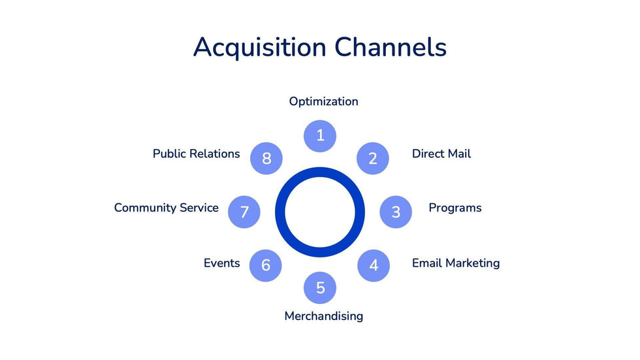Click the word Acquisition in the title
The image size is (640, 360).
pyautogui.click(x=259, y=48)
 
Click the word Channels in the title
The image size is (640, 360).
pyautogui.click(x=391, y=48)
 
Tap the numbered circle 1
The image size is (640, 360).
pyautogui.click(x=320, y=136)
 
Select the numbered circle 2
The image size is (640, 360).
pyautogui.click(x=373, y=158)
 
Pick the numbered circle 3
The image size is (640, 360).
pyautogui.click(x=396, y=212)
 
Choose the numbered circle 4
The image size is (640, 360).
pyautogui.click(x=374, y=265)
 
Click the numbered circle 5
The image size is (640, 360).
pyautogui.click(x=320, y=288)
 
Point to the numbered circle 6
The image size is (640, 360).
pyautogui.click(x=266, y=265)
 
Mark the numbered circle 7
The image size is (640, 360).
pyautogui.click(x=244, y=212)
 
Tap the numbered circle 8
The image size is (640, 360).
pyautogui.click(x=266, y=158)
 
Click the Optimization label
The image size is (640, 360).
pyautogui.click(x=323, y=102)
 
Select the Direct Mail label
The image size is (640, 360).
pyautogui.click(x=441, y=154)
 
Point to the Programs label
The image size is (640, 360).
pyautogui.click(x=455, y=208)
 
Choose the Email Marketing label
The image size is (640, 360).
pyautogui.click(x=455, y=263)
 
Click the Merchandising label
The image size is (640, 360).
pyautogui.click(x=323, y=316)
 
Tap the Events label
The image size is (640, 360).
pyautogui.click(x=221, y=263)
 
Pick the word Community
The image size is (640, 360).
pyautogui.click(x=146, y=208)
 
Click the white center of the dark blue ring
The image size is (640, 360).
pyautogui.click(x=320, y=212)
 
